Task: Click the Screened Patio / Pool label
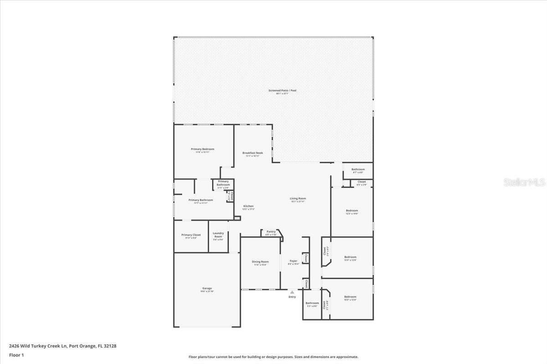coord(282,91)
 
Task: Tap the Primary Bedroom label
coord(202,149)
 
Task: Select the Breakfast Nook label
coord(253,153)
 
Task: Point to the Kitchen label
coord(248,206)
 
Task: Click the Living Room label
coord(298,198)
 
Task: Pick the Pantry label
coord(271,232)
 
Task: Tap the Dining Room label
coord(260,262)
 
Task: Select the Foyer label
coord(294,261)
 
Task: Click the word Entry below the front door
coord(292,297)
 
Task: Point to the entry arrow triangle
coord(292,292)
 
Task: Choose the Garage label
coord(207,288)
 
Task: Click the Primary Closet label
coord(191,235)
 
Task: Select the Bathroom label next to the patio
coord(358,169)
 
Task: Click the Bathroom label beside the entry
coord(312,303)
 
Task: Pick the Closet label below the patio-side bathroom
coord(361,182)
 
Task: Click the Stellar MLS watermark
coord(524,182)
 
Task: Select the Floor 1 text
coord(16,355)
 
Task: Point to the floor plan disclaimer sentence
coord(273,357)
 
